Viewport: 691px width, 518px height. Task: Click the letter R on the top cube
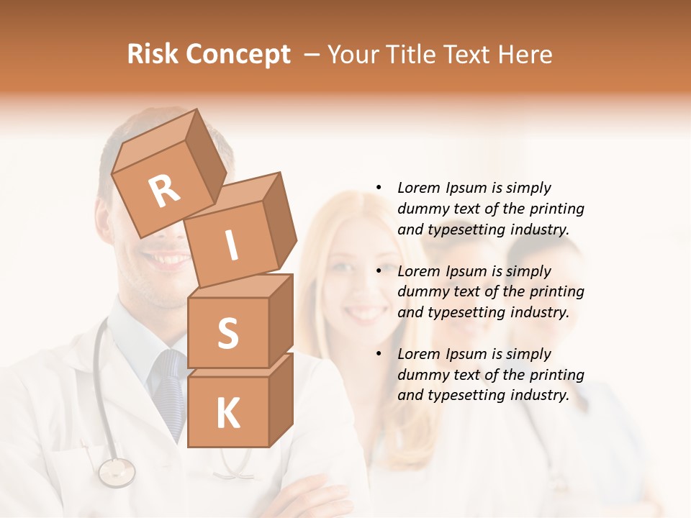tap(164, 190)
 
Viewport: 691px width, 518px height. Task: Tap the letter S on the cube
tap(227, 333)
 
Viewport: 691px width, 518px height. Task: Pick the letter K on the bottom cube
tap(227, 413)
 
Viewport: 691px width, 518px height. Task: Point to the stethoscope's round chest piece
tap(117, 472)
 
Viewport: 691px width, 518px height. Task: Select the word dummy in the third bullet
tap(422, 375)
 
